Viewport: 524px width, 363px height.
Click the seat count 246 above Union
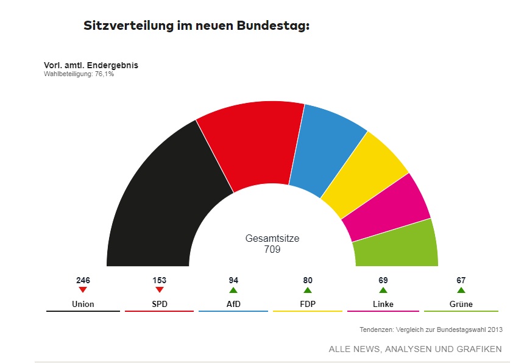coord(83,281)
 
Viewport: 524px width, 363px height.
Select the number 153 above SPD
coord(160,281)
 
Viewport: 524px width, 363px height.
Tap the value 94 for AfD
coord(233,281)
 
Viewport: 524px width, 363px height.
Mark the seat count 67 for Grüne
coord(461,281)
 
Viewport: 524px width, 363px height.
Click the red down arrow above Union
coord(83,291)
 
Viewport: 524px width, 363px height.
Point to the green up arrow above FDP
coord(308,291)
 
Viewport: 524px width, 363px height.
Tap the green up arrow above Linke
coord(383,291)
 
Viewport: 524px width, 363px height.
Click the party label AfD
coord(233,304)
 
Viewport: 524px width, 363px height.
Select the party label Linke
coord(383,304)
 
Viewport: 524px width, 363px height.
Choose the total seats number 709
coord(272,250)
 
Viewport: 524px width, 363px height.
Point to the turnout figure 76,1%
coord(104,74)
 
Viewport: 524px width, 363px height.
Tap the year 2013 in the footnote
coord(495,330)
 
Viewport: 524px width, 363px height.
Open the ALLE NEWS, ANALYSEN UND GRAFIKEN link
coord(415,349)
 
